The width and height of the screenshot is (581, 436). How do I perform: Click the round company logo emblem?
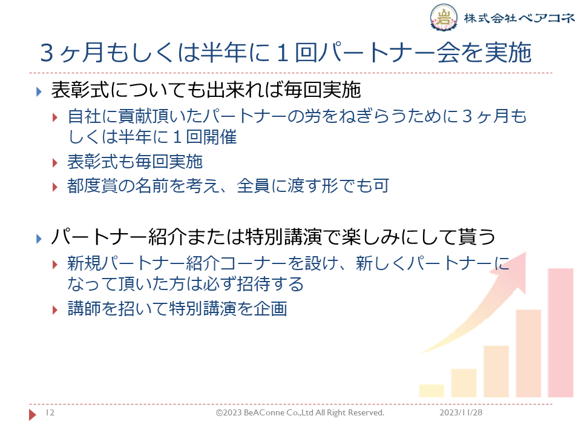point(444,17)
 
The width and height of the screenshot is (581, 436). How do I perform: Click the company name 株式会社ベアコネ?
point(519,18)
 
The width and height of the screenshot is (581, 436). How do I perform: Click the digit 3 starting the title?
point(47,53)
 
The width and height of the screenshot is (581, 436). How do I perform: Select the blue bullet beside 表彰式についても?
point(39,91)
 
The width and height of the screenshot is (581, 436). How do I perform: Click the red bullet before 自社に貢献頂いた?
point(55,118)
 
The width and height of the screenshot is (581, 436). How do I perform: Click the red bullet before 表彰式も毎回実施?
point(55,163)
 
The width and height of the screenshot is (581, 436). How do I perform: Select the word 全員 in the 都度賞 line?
point(254,186)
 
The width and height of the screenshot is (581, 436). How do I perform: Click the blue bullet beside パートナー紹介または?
point(39,239)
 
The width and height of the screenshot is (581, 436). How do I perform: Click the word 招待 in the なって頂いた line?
point(254,285)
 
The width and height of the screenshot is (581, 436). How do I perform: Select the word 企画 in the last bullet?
point(271,309)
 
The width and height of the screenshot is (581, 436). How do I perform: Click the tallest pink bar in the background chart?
point(560,332)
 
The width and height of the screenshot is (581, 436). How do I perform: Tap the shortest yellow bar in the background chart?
point(432,391)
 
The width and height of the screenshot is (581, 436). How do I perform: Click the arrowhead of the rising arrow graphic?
point(513,271)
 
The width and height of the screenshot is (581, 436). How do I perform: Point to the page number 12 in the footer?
point(50,412)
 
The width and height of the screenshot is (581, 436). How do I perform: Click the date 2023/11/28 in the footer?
point(461,412)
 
